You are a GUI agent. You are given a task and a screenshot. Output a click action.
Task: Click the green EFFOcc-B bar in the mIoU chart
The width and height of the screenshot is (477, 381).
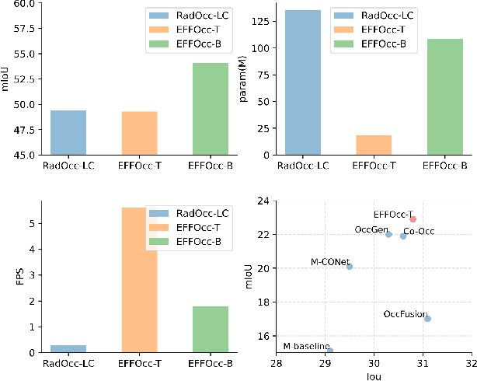211,109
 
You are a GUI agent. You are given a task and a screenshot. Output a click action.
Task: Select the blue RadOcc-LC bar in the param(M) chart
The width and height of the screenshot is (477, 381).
302,82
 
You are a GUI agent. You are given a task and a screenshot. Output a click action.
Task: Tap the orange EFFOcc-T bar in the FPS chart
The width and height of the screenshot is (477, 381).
140,280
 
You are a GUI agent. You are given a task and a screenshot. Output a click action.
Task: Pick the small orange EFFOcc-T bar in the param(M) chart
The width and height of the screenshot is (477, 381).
374,145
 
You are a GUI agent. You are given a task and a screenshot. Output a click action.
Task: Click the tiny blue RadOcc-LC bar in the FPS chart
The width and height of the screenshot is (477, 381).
68,349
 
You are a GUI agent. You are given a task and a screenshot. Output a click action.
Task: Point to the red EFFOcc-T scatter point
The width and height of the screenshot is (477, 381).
413,219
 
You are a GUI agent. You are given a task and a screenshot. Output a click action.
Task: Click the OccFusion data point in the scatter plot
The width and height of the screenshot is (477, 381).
428,319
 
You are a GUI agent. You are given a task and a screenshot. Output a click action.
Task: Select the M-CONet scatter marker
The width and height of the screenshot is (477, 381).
350,267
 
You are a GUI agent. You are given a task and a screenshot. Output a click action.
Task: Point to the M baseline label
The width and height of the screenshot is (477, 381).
306,346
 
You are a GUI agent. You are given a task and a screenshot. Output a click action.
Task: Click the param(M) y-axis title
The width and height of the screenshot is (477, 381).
243,79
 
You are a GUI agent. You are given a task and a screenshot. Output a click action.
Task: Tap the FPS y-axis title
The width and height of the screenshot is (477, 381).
9,277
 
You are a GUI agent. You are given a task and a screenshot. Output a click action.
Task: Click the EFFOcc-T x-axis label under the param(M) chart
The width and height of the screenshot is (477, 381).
374,166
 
